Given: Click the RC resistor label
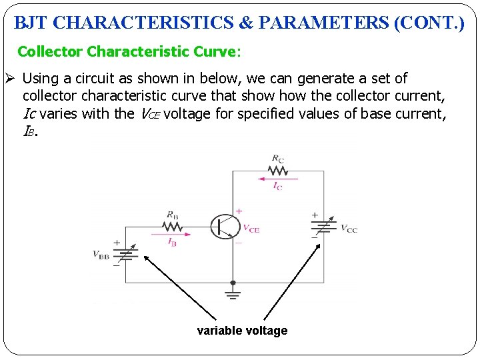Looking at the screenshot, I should (277, 158).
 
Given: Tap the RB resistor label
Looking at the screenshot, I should (172, 215).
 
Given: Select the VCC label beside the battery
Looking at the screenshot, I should (349, 229).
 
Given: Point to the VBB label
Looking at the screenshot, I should (101, 255).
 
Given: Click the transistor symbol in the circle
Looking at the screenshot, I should (225, 227).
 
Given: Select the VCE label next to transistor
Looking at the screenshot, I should (251, 229).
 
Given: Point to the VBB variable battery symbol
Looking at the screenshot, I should (127, 253).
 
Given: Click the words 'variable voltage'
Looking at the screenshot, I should (242, 331).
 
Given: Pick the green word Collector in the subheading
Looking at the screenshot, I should (50, 51).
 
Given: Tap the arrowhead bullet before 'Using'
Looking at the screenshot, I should (9, 79).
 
